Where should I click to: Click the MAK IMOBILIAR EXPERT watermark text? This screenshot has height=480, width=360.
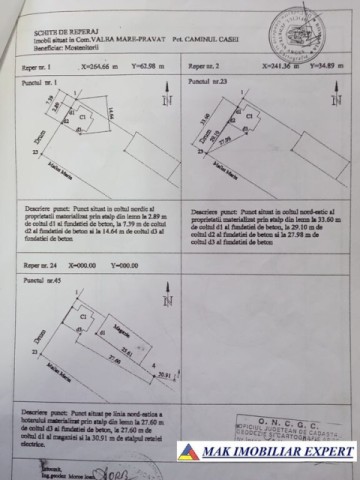[x=278, y=452]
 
